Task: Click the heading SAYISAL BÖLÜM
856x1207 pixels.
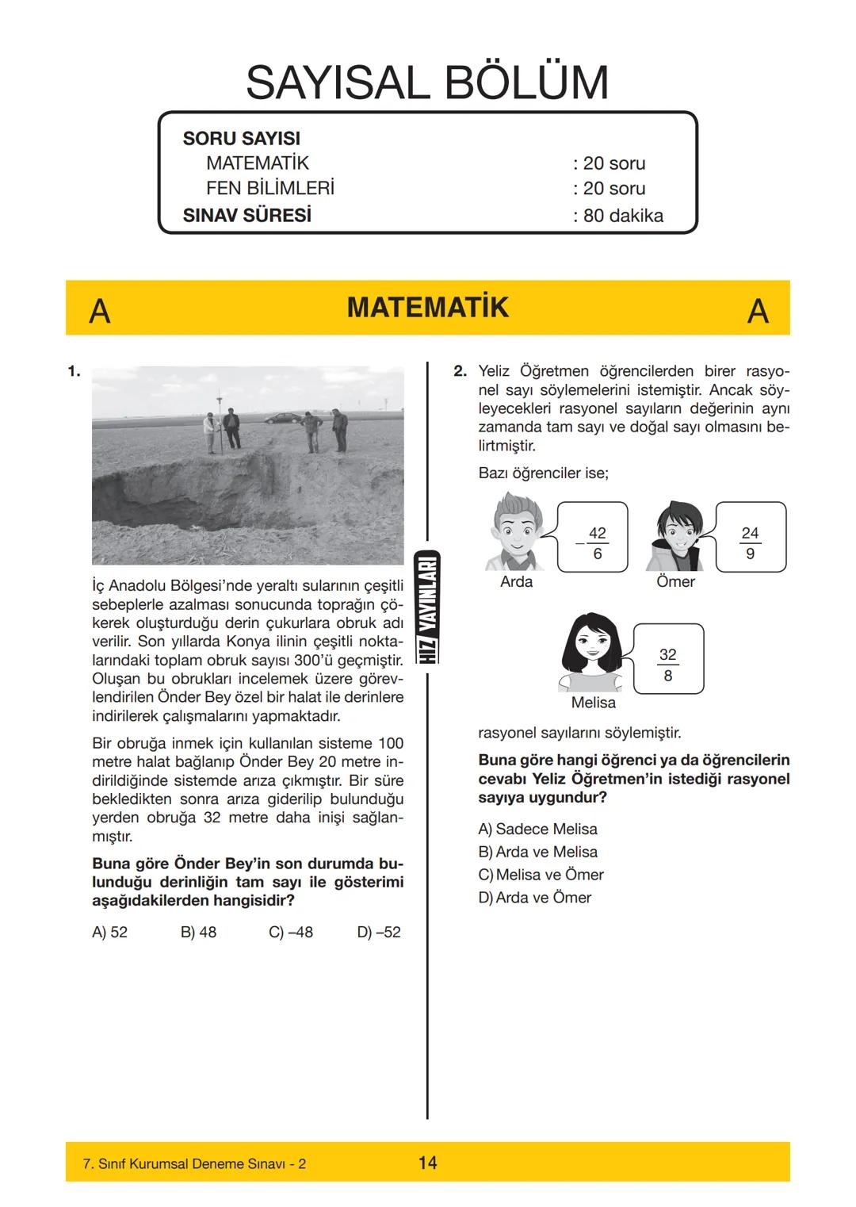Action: pos(427,82)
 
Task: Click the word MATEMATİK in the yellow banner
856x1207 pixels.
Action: pos(427,308)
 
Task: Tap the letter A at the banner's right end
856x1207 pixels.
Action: pos(758,311)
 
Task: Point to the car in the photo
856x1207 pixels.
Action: pos(278,418)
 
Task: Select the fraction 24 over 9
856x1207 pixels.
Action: pos(750,543)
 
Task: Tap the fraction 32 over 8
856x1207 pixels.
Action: pos(667,665)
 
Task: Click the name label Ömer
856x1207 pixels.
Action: pos(675,582)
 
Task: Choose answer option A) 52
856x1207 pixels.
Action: pos(109,933)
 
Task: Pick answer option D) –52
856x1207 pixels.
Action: pos(379,933)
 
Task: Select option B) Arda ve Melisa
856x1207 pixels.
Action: pos(538,853)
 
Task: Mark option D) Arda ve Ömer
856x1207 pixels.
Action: pos(535,898)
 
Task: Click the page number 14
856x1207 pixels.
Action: pos(427,1163)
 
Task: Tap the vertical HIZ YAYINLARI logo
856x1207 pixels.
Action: pos(427,607)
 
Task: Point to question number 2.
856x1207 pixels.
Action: pos(460,371)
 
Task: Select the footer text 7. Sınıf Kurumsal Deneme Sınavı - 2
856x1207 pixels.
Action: pos(194,1164)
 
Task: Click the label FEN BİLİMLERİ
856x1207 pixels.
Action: pos(269,189)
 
